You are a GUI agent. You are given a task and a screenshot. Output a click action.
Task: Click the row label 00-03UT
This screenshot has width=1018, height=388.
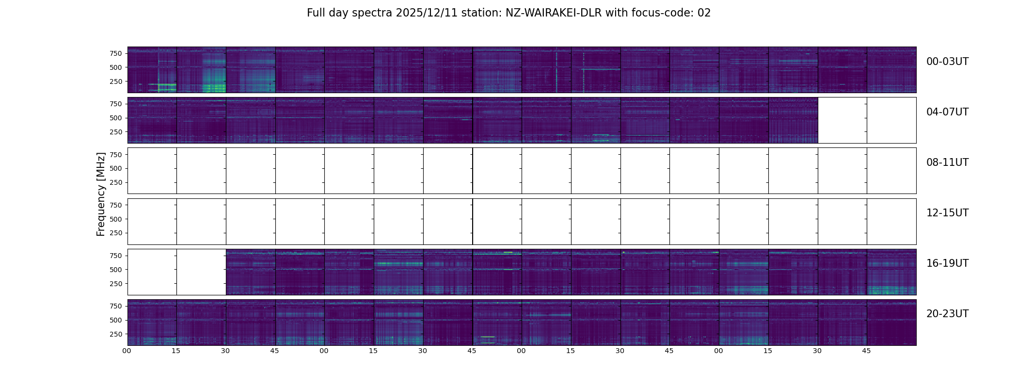coord(947,62)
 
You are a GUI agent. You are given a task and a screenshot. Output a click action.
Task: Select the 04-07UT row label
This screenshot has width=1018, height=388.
coord(947,112)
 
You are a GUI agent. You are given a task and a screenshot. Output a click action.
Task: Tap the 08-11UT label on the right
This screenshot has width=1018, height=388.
coord(947,162)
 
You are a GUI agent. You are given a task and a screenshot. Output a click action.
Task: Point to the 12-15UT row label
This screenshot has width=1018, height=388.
coord(947,213)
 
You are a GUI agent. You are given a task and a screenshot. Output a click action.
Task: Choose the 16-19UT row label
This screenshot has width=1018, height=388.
coord(947,263)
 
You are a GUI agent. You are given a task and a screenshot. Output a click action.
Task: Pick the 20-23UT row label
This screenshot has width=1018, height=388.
coord(947,314)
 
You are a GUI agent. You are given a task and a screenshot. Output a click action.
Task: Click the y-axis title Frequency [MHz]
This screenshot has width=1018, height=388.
coord(101,194)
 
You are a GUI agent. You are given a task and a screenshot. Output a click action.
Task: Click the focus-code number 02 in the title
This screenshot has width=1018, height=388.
coord(704,13)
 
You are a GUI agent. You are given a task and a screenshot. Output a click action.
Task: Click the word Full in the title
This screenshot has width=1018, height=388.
coord(316,13)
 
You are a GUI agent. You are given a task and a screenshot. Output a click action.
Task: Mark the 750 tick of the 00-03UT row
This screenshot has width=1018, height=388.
coord(116,53)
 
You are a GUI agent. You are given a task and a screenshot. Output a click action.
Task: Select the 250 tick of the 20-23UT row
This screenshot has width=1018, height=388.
coord(116,334)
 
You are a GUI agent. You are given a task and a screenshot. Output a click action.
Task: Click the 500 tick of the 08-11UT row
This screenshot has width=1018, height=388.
coord(116,168)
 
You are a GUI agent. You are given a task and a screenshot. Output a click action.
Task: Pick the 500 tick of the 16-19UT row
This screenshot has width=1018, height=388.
coord(116,270)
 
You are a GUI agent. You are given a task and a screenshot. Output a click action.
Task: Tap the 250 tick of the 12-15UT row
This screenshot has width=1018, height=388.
coord(116,233)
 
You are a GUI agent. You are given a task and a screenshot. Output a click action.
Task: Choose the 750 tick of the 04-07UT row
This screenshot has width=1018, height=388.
coord(116,104)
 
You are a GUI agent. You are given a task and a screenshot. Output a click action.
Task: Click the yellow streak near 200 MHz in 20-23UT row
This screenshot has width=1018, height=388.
coord(487,337)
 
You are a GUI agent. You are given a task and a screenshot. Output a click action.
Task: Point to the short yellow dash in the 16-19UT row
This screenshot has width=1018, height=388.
coord(508,252)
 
